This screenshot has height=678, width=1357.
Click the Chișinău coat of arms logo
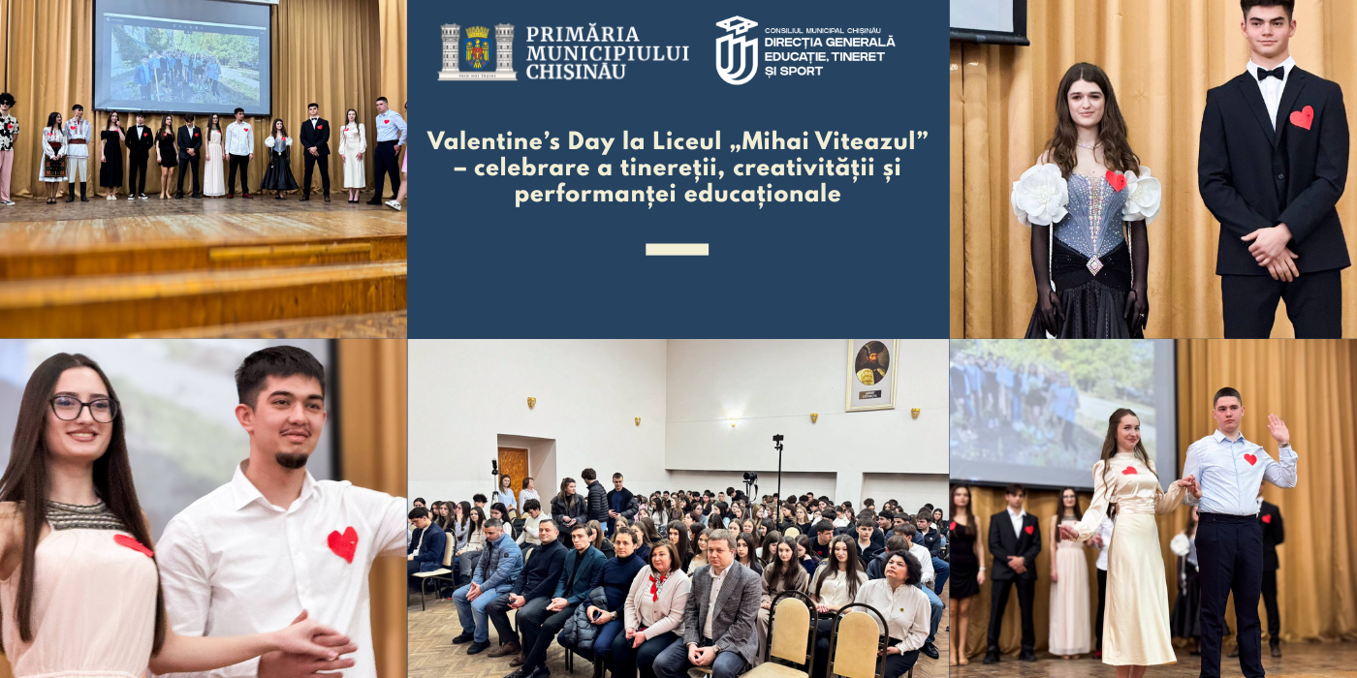coord(477,51)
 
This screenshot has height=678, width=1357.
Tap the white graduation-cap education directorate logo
coord(736,50)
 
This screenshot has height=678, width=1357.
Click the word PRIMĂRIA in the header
coord(583,34)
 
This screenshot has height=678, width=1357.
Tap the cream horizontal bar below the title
coord(677,250)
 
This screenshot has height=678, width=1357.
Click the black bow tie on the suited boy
coord(1270,73)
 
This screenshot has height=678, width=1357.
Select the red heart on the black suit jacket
coord(1302,117)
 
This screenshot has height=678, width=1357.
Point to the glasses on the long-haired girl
coord(84,408)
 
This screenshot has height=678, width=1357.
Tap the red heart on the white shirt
coord(342,543)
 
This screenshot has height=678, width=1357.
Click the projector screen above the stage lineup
coord(182,56)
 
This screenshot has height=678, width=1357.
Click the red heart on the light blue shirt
coord(1249,459)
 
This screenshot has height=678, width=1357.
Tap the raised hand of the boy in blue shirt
coord(1279,427)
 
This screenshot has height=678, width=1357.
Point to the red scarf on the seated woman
coord(659,583)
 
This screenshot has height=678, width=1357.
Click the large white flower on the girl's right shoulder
coord(1039,194)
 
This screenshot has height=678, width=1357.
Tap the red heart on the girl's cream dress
coord(1129,471)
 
